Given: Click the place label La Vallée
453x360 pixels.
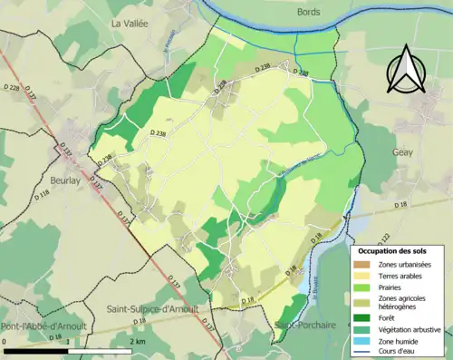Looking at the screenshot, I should coord(130,23).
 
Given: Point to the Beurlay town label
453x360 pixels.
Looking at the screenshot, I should coord(68,180).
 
